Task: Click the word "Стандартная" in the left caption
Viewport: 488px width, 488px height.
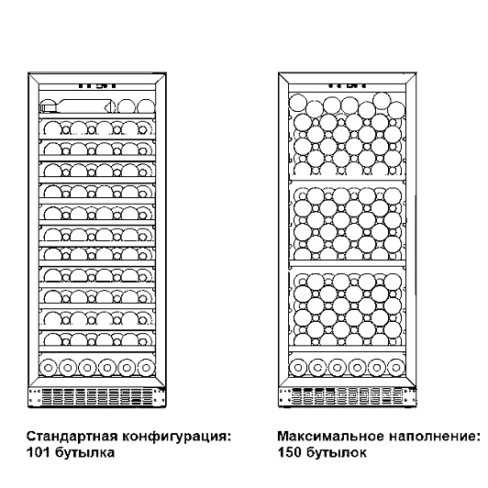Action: pyautogui.click(x=72, y=437)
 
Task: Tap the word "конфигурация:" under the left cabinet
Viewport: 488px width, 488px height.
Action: pyautogui.click(x=176, y=437)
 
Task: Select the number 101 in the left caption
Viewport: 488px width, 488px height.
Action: pyautogui.click(x=38, y=452)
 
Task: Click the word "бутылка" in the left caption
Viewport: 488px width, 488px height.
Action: pyautogui.click(x=84, y=453)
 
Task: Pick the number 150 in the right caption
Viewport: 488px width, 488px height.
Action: pyautogui.click(x=289, y=452)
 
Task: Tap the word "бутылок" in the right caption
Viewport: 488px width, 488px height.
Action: pyautogui.click(x=336, y=453)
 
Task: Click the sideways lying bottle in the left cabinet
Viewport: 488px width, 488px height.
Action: pyautogui.click(x=77, y=106)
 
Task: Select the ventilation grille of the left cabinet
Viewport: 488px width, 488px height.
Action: pyautogui.click(x=97, y=397)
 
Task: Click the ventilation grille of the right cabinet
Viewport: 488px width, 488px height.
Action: pyautogui.click(x=348, y=397)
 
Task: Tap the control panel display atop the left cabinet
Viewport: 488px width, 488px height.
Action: pyautogui.click(x=97, y=85)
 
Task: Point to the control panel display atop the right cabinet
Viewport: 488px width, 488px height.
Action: pyautogui.click(x=347, y=85)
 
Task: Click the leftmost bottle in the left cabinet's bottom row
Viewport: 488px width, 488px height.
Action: pyautogui.click(x=49, y=368)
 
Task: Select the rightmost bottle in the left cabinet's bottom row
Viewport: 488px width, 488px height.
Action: pyautogui.click(x=146, y=368)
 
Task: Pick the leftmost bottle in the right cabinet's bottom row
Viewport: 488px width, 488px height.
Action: pyautogui.click(x=298, y=368)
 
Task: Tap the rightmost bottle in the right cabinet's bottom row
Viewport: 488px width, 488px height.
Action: pyautogui.click(x=396, y=368)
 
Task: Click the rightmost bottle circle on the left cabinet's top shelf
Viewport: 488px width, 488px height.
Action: pyautogui.click(x=146, y=106)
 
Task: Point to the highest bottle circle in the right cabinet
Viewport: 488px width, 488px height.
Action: pyautogui.click(x=382, y=101)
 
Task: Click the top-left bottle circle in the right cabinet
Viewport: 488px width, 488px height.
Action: pyautogui.click(x=298, y=103)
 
